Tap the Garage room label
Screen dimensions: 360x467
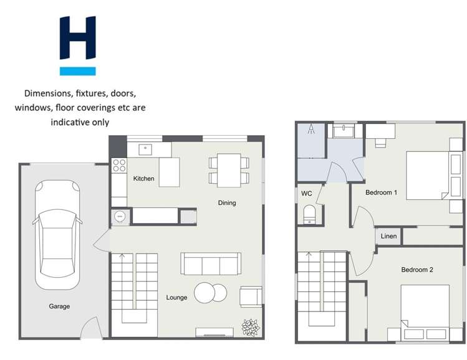coord(60,306)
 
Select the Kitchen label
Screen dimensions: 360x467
coord(143,179)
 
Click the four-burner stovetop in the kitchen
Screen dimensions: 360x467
coord(118,166)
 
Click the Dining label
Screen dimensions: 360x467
coord(226,203)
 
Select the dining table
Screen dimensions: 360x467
coord(229,170)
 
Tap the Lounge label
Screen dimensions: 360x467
coord(176,298)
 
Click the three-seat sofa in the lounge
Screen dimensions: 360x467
coord(211,263)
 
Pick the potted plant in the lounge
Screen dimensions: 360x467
coord(251,327)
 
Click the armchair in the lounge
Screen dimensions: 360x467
coord(251,296)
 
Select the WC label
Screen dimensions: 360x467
coord(307,194)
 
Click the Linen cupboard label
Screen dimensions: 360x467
coord(388,237)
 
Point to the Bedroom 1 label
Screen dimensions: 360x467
coord(381,192)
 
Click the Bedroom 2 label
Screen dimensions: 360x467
coord(416,270)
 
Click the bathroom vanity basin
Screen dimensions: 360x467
coord(342,131)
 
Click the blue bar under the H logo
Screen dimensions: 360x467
coord(77,71)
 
